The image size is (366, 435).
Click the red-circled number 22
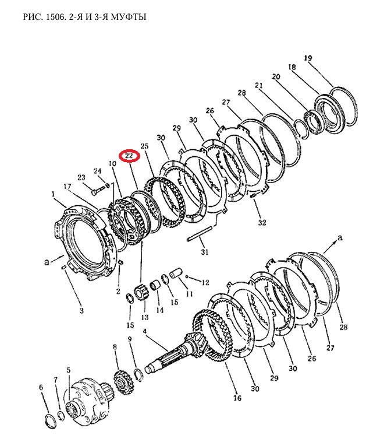coord(129,156)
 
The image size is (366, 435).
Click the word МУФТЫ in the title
coord(129,17)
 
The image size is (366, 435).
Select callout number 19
coord(308,58)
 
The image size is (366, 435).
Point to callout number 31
coord(205,252)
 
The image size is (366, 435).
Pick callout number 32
coord(262,222)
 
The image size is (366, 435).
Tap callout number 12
coord(205,282)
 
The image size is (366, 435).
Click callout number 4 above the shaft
coord(145,331)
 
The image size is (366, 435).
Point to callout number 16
coord(237,398)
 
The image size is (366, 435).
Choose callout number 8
coord(115,347)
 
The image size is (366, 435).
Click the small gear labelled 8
coord(124,383)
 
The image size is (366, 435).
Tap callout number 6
coord(41,387)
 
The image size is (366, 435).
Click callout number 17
coord(67,187)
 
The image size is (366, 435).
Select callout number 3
coord(81,310)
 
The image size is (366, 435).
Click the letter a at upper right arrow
coord(340,237)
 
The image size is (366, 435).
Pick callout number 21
coord(259,85)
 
